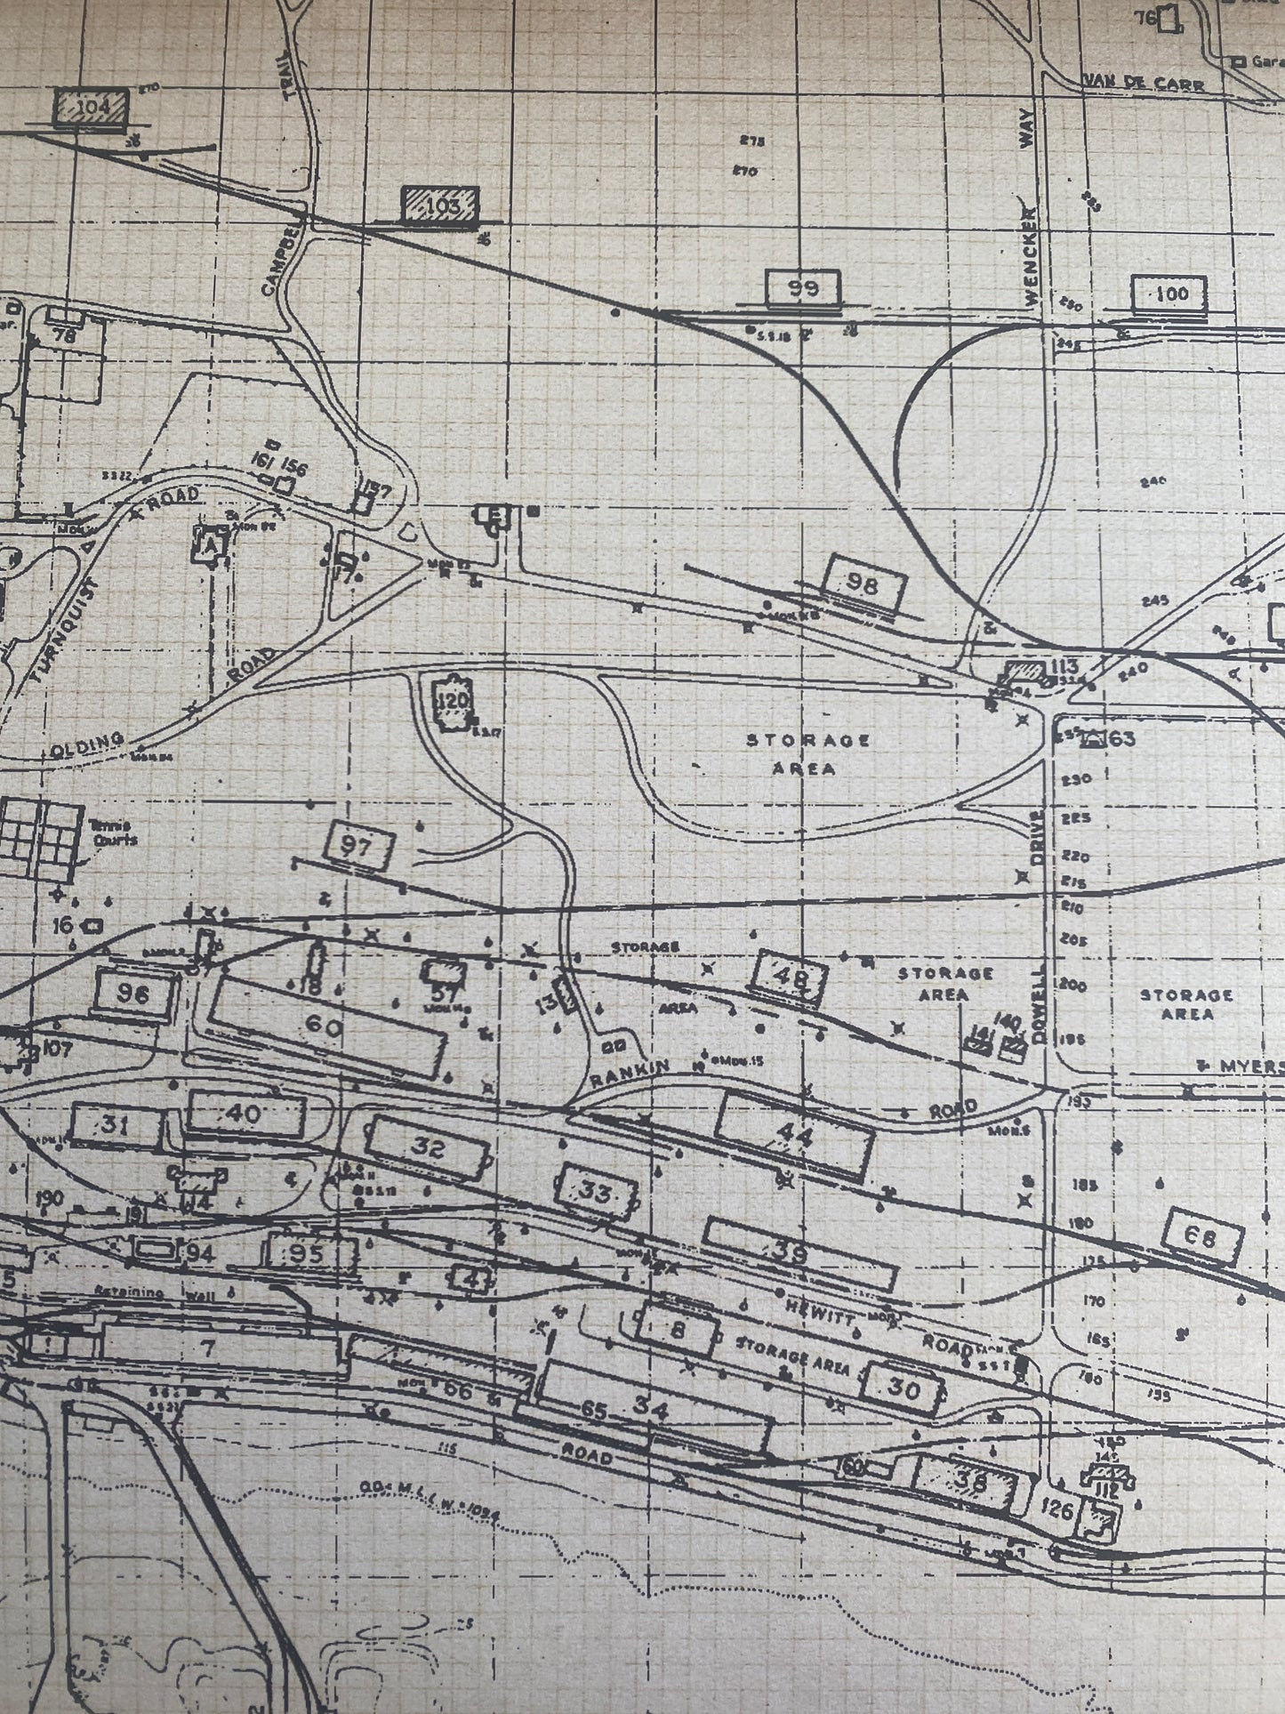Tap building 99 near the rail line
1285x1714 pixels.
point(803,288)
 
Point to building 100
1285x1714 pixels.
point(1169,294)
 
